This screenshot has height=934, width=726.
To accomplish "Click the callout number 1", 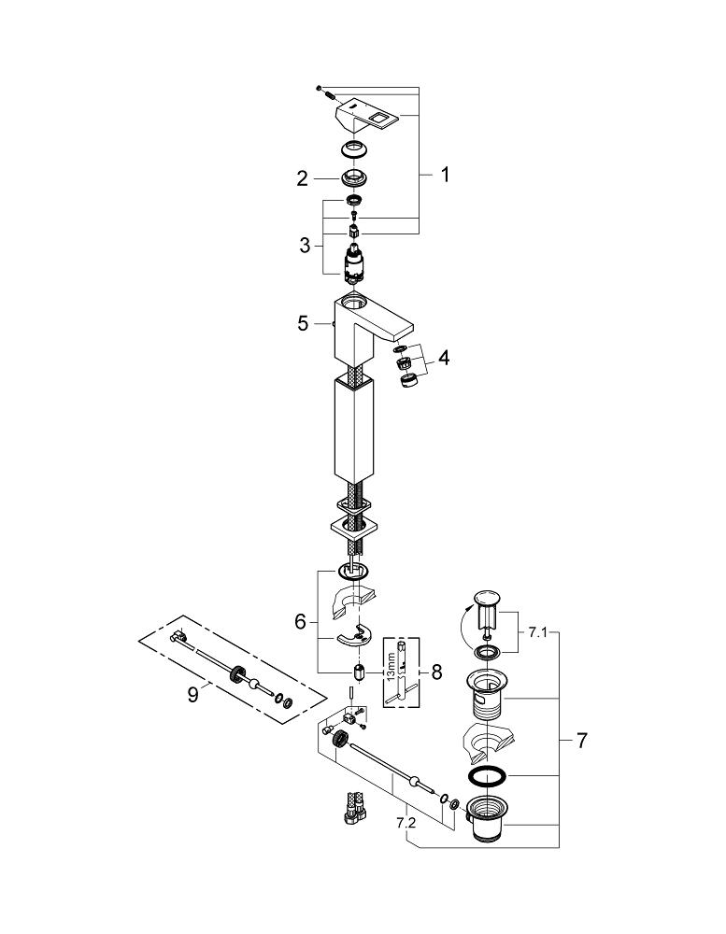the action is pos(444,175).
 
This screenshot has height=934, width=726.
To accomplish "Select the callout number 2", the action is pos(303,178).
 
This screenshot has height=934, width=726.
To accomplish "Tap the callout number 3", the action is pos(306,245).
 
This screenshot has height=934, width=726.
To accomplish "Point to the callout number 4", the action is pos(444,358).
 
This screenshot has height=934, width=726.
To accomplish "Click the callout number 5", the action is pos(304,323).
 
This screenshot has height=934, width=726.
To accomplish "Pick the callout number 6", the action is pos(301,622).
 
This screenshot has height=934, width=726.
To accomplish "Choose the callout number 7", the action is pos(581,741).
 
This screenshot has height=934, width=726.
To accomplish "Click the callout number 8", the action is pos(437,672).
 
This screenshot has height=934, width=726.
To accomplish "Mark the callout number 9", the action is pos(192,694).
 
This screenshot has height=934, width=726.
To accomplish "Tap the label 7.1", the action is pos(537,632).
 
